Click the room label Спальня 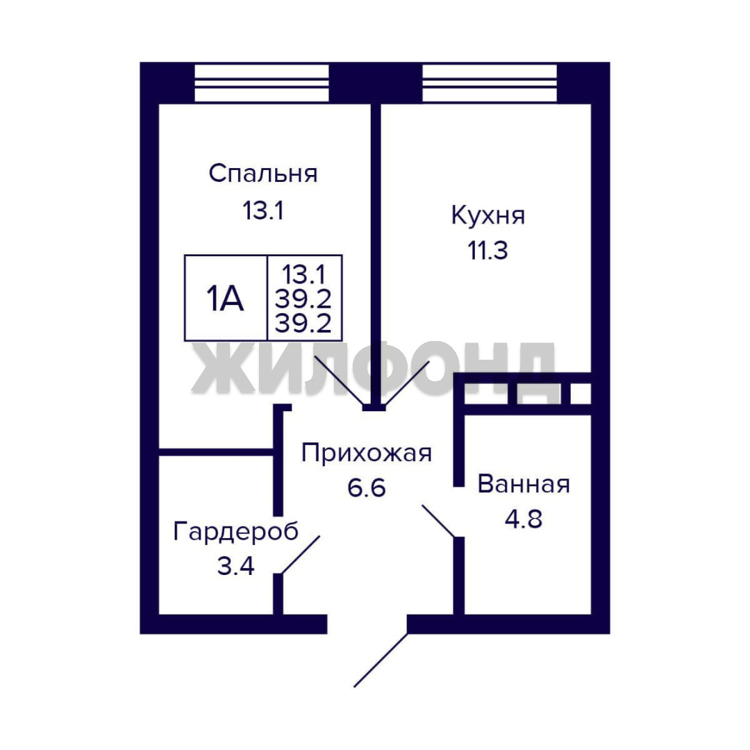263,173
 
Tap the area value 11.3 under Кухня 487,251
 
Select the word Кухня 488,215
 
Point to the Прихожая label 367,453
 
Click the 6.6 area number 367,488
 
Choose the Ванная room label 524,484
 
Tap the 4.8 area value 524,519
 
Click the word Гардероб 236,531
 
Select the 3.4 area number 236,567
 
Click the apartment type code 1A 225,299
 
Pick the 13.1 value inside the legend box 303,274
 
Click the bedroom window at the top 262,83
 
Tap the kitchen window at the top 490,83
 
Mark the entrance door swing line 381,660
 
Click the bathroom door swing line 438,521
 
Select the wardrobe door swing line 301,555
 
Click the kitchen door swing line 407,383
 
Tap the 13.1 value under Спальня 263,210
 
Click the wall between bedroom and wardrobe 216,452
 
